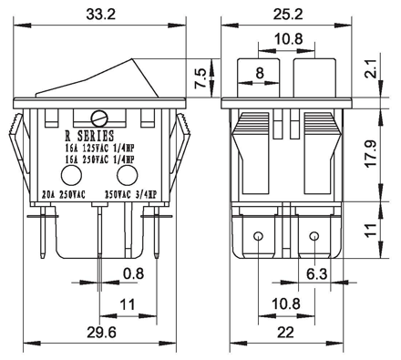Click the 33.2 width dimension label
[101, 14]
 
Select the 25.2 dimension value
[288, 14]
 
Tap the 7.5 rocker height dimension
[200, 78]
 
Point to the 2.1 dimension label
[371, 68]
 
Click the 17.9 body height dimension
[371, 153]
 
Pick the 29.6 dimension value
[101, 333]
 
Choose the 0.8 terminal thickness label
[134, 273]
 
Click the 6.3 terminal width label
[317, 274]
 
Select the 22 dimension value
[285, 333]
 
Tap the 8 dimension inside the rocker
[260, 73]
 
